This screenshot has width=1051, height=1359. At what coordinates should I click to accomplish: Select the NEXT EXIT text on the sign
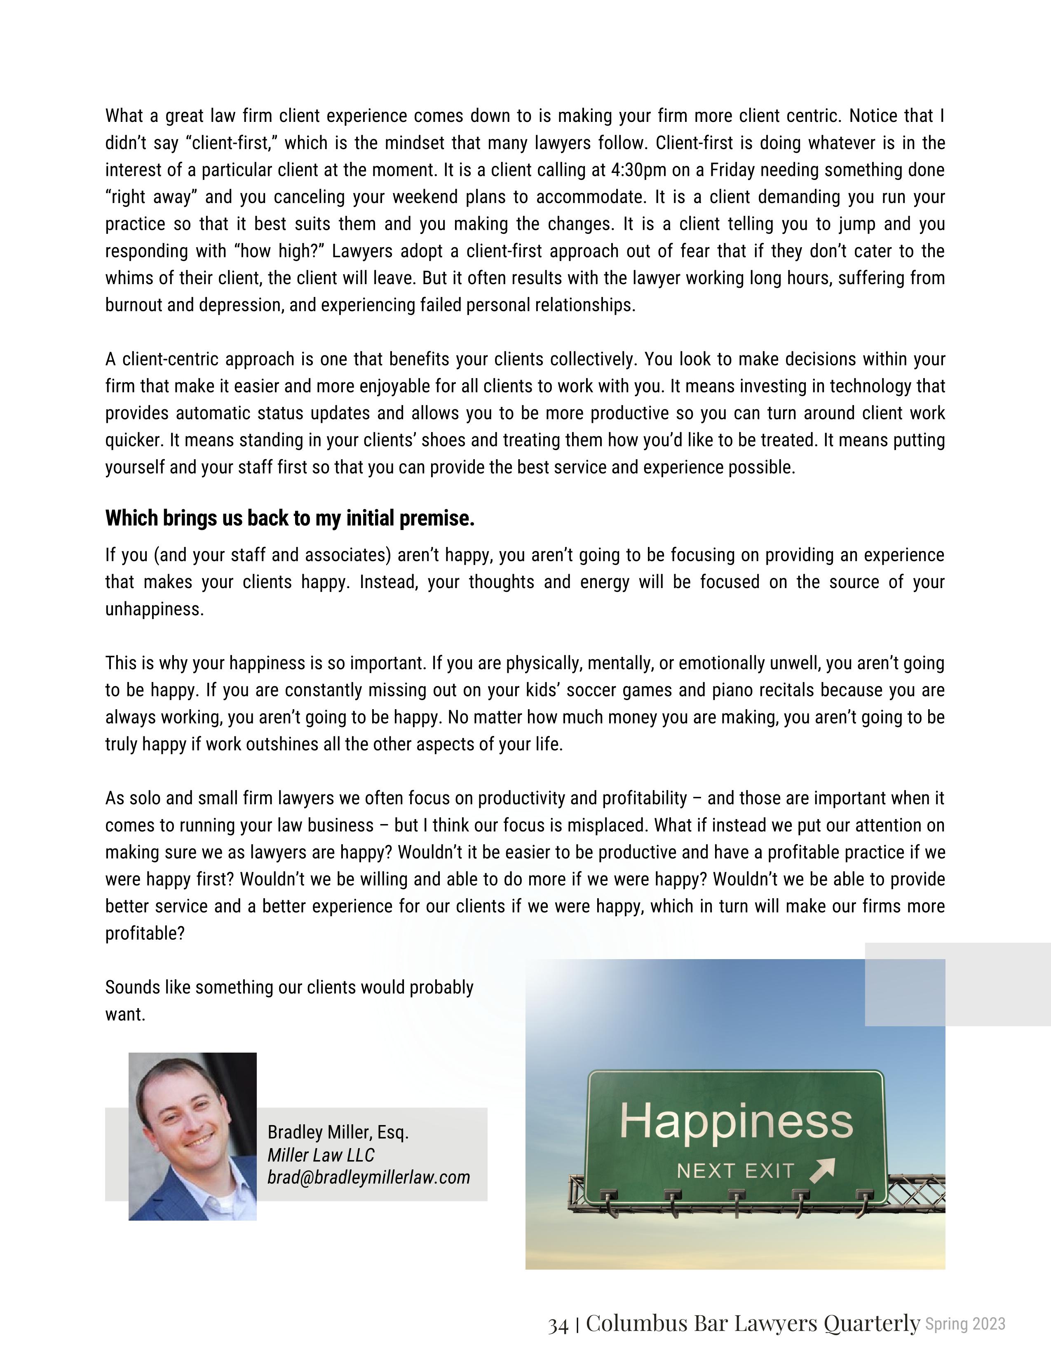coord(735,1171)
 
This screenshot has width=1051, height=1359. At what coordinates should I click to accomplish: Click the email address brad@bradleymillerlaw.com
coord(368,1177)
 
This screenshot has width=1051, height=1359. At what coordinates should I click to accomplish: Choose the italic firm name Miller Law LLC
coord(321,1155)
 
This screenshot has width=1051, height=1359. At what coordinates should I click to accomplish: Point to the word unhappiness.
coord(155,609)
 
